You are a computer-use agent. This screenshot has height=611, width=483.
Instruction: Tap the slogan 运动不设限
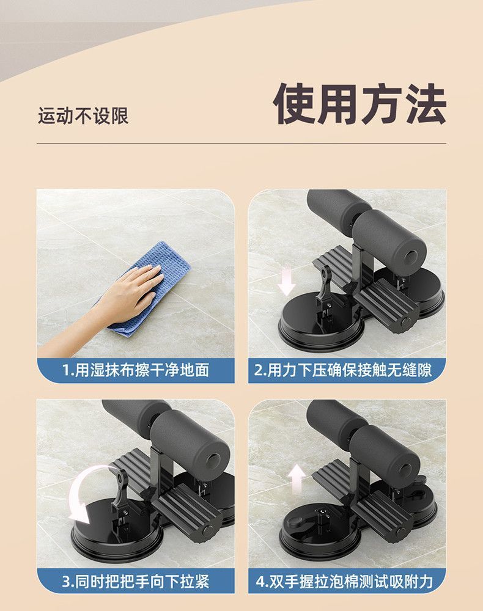pos(83,115)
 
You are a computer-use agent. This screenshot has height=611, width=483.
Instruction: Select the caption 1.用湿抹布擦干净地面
pos(136,370)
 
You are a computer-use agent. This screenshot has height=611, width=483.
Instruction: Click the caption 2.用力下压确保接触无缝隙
pos(347,370)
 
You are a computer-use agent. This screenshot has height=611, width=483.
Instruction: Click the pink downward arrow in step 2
pos(286,282)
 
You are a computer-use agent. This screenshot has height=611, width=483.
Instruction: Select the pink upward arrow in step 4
pos(297,477)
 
